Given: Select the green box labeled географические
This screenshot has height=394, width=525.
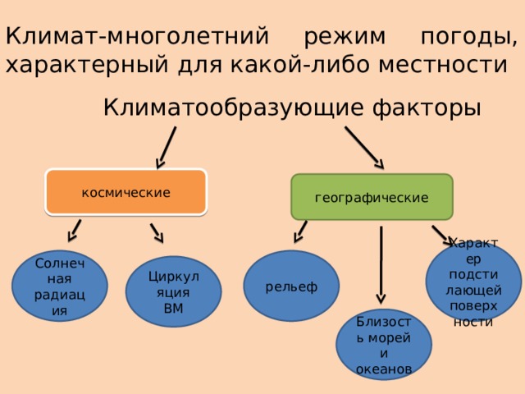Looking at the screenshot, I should [372, 199].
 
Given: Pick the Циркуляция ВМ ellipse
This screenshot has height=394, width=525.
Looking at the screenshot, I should [173, 291].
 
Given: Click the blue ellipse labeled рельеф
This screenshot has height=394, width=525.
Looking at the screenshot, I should [293, 285].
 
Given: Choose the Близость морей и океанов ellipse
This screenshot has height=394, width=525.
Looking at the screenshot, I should [383, 344].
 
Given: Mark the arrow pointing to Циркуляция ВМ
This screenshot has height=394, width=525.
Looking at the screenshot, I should [157, 232].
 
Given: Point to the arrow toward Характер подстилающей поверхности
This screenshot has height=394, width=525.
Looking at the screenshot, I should [441, 235].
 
